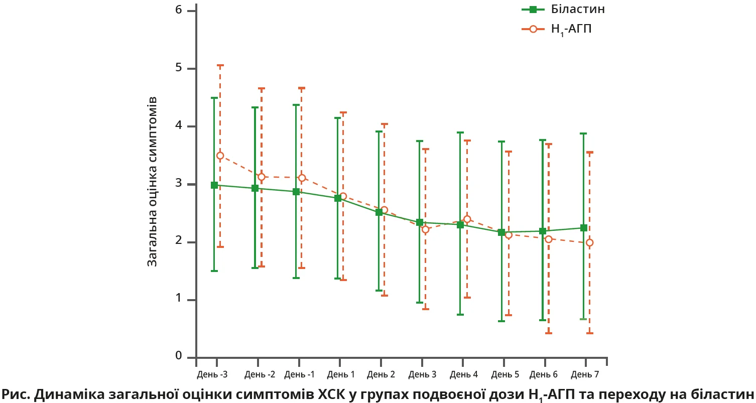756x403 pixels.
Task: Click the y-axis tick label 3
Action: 178,184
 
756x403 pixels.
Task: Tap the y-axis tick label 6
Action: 178,11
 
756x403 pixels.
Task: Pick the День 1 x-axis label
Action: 341,374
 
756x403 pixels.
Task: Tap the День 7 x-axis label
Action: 585,374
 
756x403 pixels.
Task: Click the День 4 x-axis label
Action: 463,374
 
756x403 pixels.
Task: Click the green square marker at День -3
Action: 214,185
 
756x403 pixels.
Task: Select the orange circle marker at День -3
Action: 220,156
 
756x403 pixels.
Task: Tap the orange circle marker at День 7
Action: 589,242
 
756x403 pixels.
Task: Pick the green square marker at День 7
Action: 583,228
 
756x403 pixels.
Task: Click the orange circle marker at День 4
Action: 467,219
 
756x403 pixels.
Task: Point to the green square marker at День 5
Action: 501,232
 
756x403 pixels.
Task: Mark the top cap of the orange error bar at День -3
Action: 220,65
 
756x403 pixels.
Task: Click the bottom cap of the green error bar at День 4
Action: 460,315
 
